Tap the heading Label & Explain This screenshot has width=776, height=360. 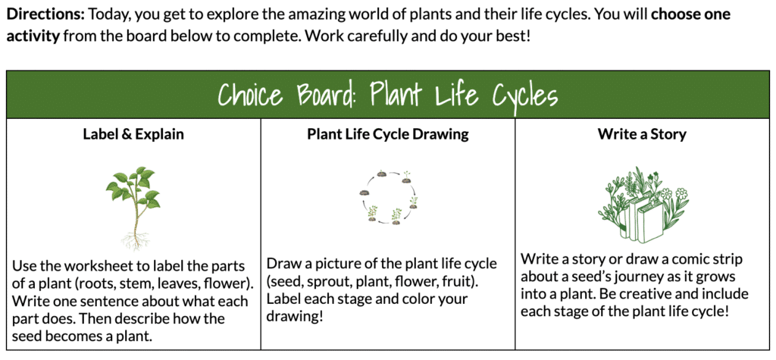pyautogui.click(x=133, y=134)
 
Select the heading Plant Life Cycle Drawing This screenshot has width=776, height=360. pyautogui.click(x=387, y=135)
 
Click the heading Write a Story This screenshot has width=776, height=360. pyautogui.click(x=642, y=134)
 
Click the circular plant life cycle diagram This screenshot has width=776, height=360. pyautogui.click(x=389, y=198)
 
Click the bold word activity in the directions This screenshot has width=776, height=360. pyautogui.click(x=33, y=36)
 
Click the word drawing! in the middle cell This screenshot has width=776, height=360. pyautogui.click(x=295, y=317)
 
